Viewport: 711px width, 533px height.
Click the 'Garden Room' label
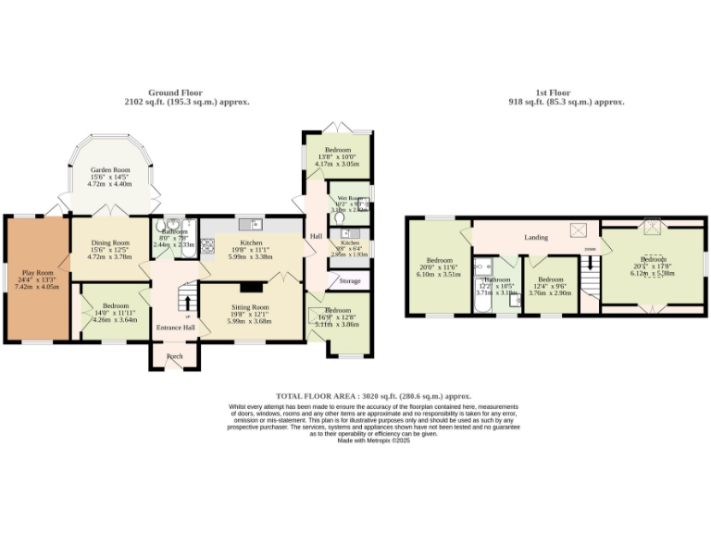click(109, 171)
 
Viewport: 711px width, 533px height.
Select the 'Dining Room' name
click(109, 243)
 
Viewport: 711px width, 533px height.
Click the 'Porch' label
click(174, 356)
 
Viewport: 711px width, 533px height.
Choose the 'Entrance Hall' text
click(175, 328)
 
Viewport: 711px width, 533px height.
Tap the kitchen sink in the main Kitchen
click(251, 224)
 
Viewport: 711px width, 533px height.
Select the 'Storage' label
click(349, 280)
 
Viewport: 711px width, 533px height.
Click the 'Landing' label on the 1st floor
click(536, 238)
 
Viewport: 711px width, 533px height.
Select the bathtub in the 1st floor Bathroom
click(479, 297)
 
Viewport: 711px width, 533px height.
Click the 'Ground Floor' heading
click(175, 93)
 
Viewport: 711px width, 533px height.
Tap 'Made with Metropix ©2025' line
click(373, 440)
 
